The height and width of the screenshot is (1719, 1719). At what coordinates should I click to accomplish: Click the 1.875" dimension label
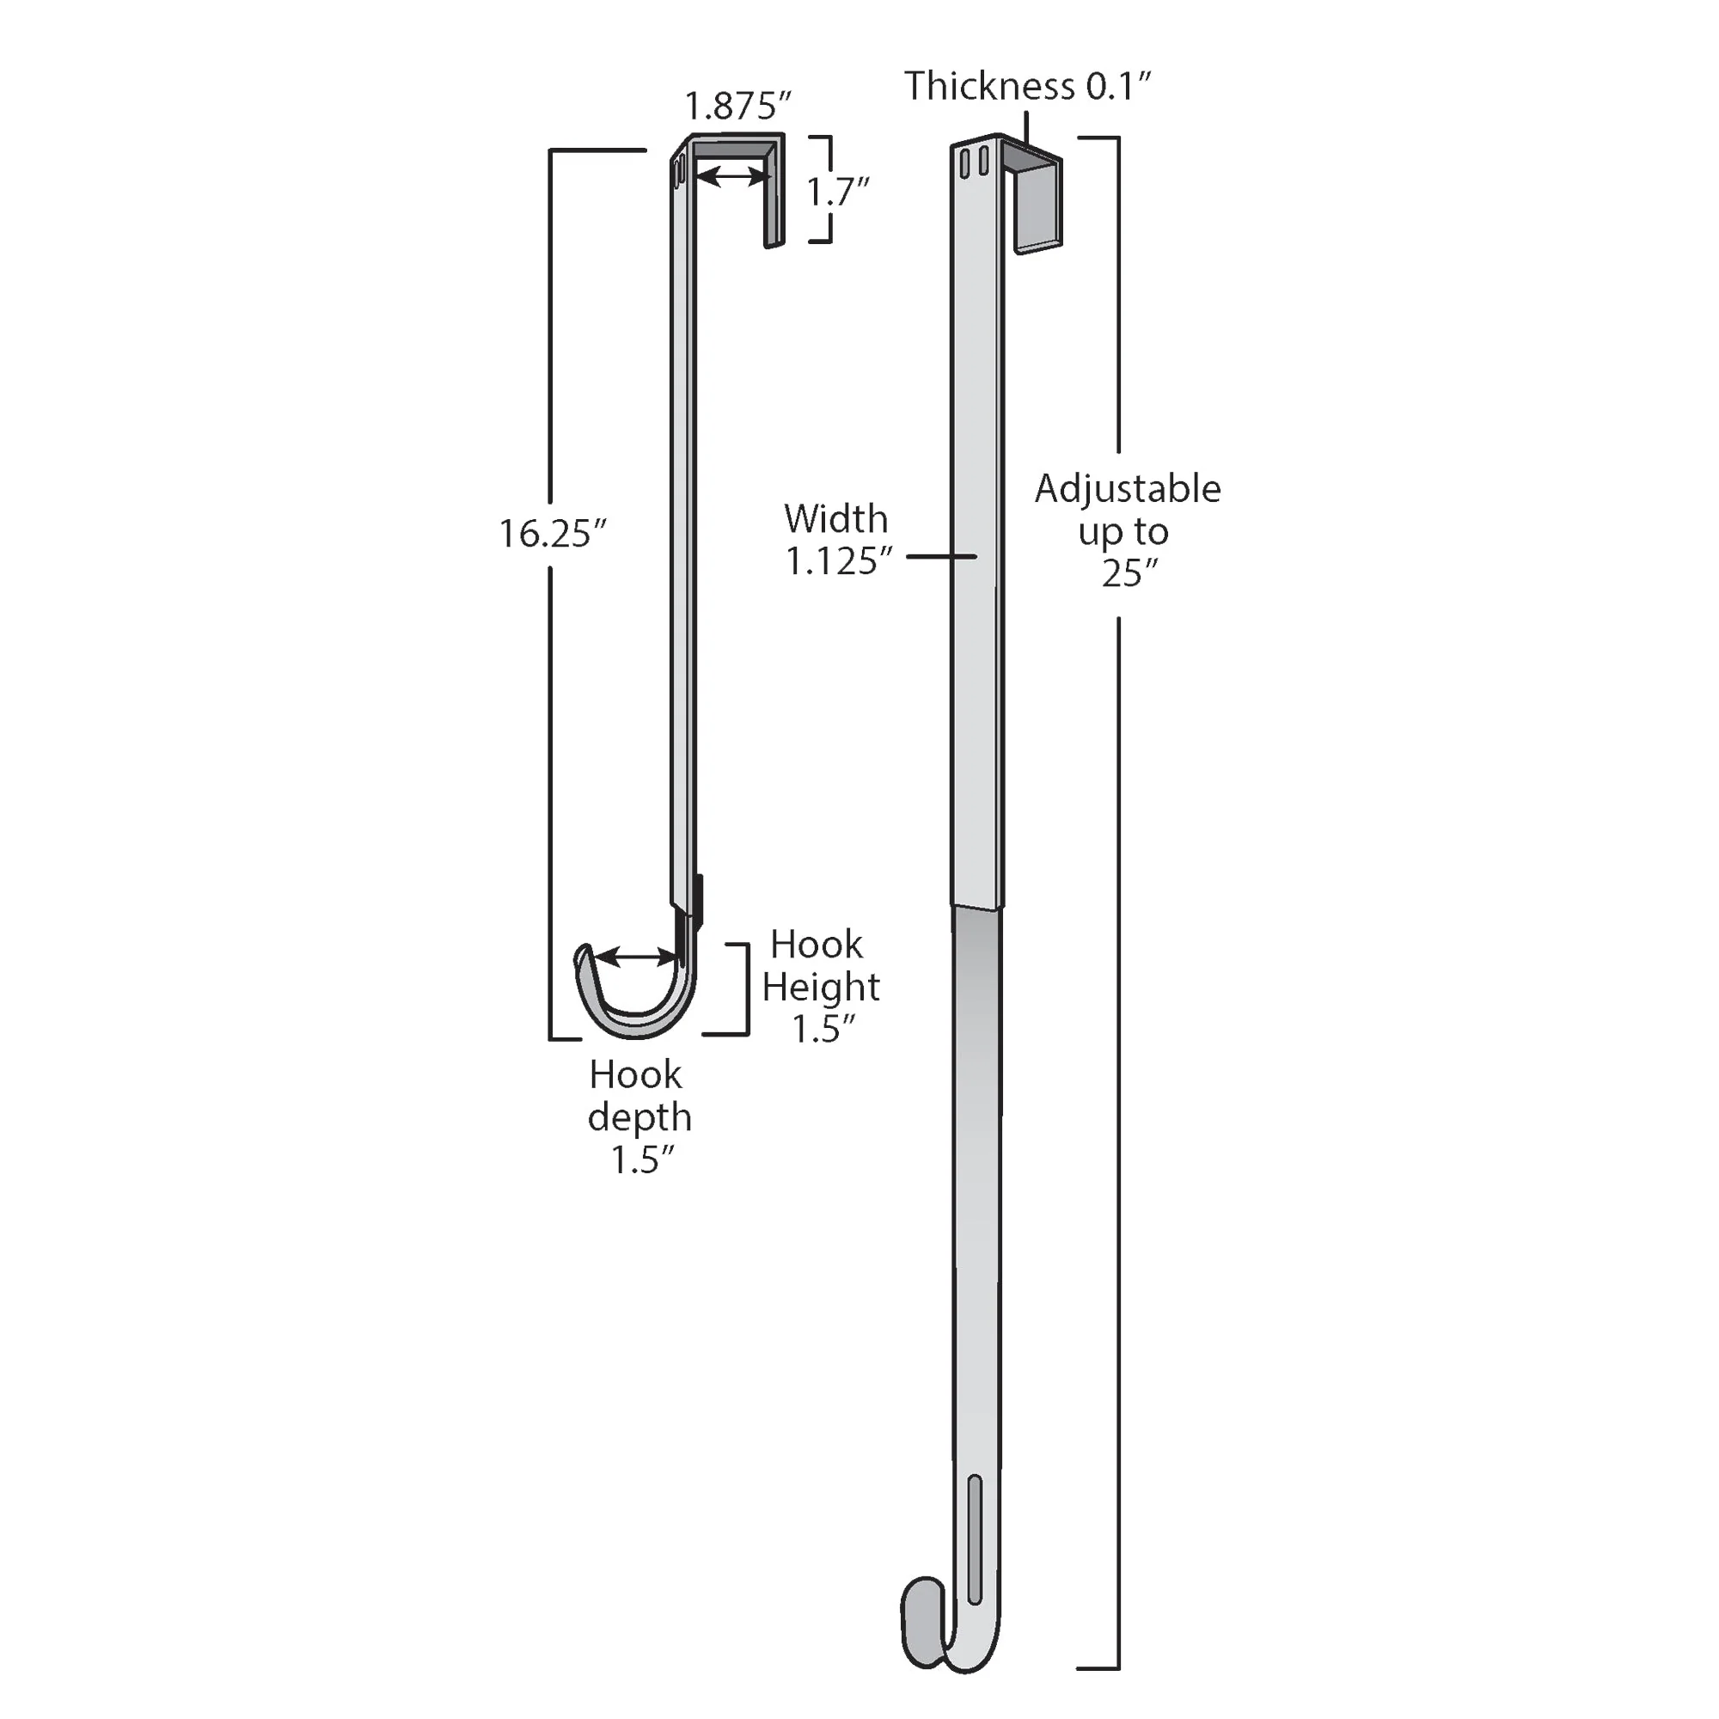pos(737,106)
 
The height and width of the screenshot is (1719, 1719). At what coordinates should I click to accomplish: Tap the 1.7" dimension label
pos(836,192)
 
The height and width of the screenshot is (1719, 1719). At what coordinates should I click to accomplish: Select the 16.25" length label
pos(552,534)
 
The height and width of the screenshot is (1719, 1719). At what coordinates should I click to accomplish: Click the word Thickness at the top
pos(989,86)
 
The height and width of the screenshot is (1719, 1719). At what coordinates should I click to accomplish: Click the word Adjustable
pos(1128,489)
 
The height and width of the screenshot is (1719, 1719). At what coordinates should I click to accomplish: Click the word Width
pos(835,519)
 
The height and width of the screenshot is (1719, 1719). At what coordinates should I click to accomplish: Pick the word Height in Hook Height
pos(820,987)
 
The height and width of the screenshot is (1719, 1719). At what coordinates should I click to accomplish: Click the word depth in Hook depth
pos(639,1117)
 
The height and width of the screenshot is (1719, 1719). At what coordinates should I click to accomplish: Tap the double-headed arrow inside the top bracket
pos(733,178)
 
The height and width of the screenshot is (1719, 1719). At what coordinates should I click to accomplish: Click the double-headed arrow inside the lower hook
pos(635,957)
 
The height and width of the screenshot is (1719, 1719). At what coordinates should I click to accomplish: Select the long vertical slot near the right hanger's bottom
pos(975,1540)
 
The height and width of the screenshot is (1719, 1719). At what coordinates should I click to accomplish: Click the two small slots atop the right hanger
pos(975,162)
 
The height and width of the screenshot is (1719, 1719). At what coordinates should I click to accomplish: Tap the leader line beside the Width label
pos(941,557)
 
